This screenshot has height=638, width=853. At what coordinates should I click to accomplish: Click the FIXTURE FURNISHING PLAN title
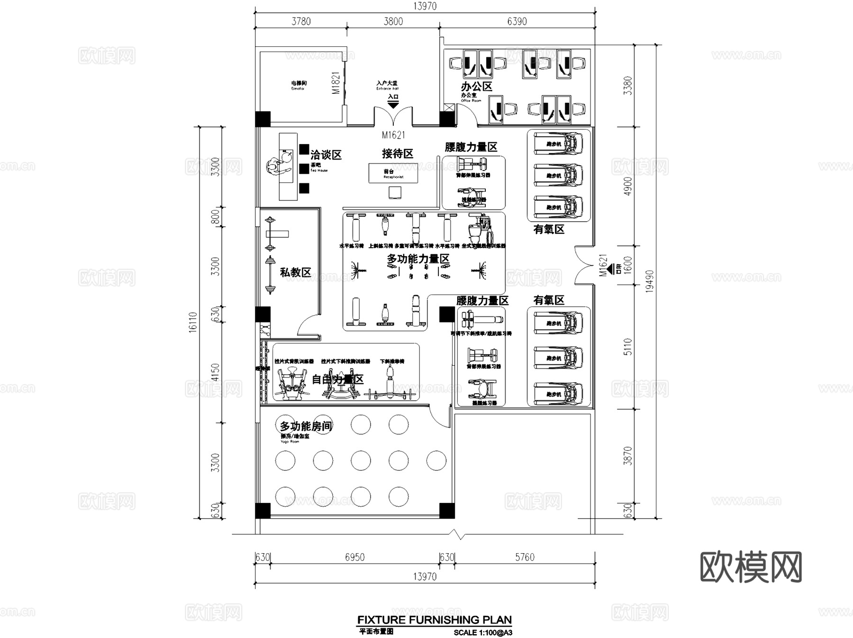pos(434,620)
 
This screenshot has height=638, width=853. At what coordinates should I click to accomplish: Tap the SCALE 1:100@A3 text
pos(482,632)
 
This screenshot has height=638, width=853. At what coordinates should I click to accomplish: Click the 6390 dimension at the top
pos(517,21)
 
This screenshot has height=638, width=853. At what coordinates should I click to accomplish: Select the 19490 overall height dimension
pos(649,281)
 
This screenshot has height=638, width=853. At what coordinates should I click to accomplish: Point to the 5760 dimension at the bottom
pos(525,557)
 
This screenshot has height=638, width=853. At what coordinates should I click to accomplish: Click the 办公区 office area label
pos(477,87)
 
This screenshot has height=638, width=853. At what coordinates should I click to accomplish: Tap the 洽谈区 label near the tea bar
pos(326,155)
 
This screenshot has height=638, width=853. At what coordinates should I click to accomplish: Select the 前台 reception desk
pos(393,173)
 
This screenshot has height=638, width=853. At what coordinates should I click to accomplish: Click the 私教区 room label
pos(295,272)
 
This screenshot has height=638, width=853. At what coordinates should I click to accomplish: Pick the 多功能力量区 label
pos(418,259)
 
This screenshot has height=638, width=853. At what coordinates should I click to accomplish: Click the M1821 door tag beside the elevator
pos(336,83)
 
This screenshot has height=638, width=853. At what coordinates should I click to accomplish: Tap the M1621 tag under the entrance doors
pos(393,135)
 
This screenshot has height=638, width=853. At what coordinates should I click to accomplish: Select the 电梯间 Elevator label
pos(299,85)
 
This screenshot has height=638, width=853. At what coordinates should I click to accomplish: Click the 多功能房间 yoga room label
pos(306,426)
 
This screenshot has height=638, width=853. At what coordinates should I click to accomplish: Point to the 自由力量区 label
pos(337,379)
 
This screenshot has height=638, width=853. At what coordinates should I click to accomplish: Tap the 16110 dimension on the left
pos(193,322)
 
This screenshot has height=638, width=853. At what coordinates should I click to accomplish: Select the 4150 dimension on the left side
pos(215,372)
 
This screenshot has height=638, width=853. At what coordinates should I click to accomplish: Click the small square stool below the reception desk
pos(395,192)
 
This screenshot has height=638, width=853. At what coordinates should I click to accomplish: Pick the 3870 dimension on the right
pos(628,455)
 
